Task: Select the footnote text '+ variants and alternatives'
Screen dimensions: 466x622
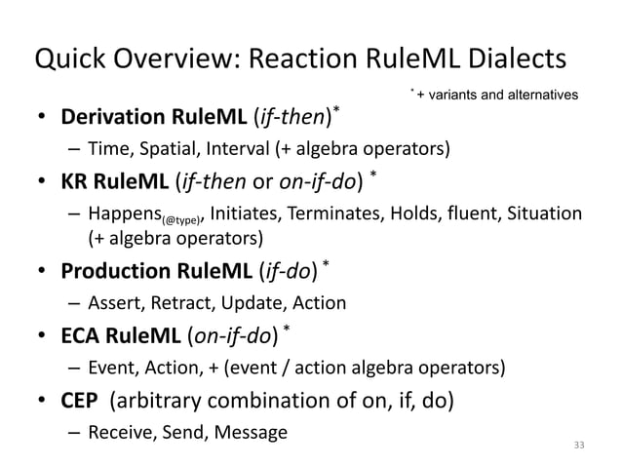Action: tap(500, 95)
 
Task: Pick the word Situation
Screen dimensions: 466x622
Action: tap(541, 214)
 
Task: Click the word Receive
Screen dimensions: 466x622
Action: tap(117, 430)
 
